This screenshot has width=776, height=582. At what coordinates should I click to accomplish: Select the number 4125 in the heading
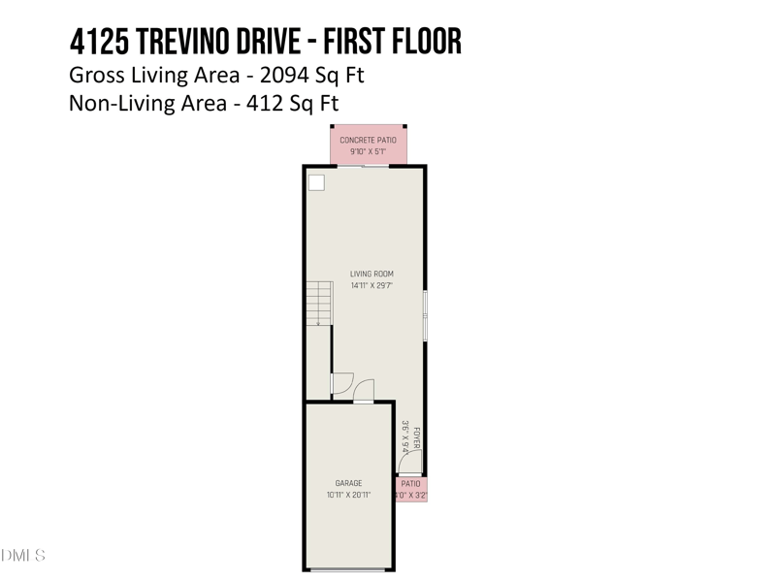(95, 42)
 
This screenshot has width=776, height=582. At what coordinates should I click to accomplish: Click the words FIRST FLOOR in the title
(396, 42)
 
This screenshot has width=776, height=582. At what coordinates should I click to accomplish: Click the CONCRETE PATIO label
(368, 140)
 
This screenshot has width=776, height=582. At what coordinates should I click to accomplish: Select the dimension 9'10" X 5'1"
(368, 151)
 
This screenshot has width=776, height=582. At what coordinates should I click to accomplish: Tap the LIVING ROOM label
(372, 275)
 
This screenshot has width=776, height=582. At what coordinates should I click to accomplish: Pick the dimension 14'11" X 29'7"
(372, 286)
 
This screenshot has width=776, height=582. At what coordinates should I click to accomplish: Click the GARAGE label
(348, 483)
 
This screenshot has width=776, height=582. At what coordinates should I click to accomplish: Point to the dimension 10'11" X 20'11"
(348, 495)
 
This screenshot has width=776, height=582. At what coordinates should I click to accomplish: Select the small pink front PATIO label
(411, 483)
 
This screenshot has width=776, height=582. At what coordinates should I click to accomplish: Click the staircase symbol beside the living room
(319, 303)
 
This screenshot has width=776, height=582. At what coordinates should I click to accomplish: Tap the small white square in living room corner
(316, 182)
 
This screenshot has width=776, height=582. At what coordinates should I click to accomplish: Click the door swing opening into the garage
(364, 391)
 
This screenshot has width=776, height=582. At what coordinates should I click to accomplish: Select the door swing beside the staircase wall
(341, 383)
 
